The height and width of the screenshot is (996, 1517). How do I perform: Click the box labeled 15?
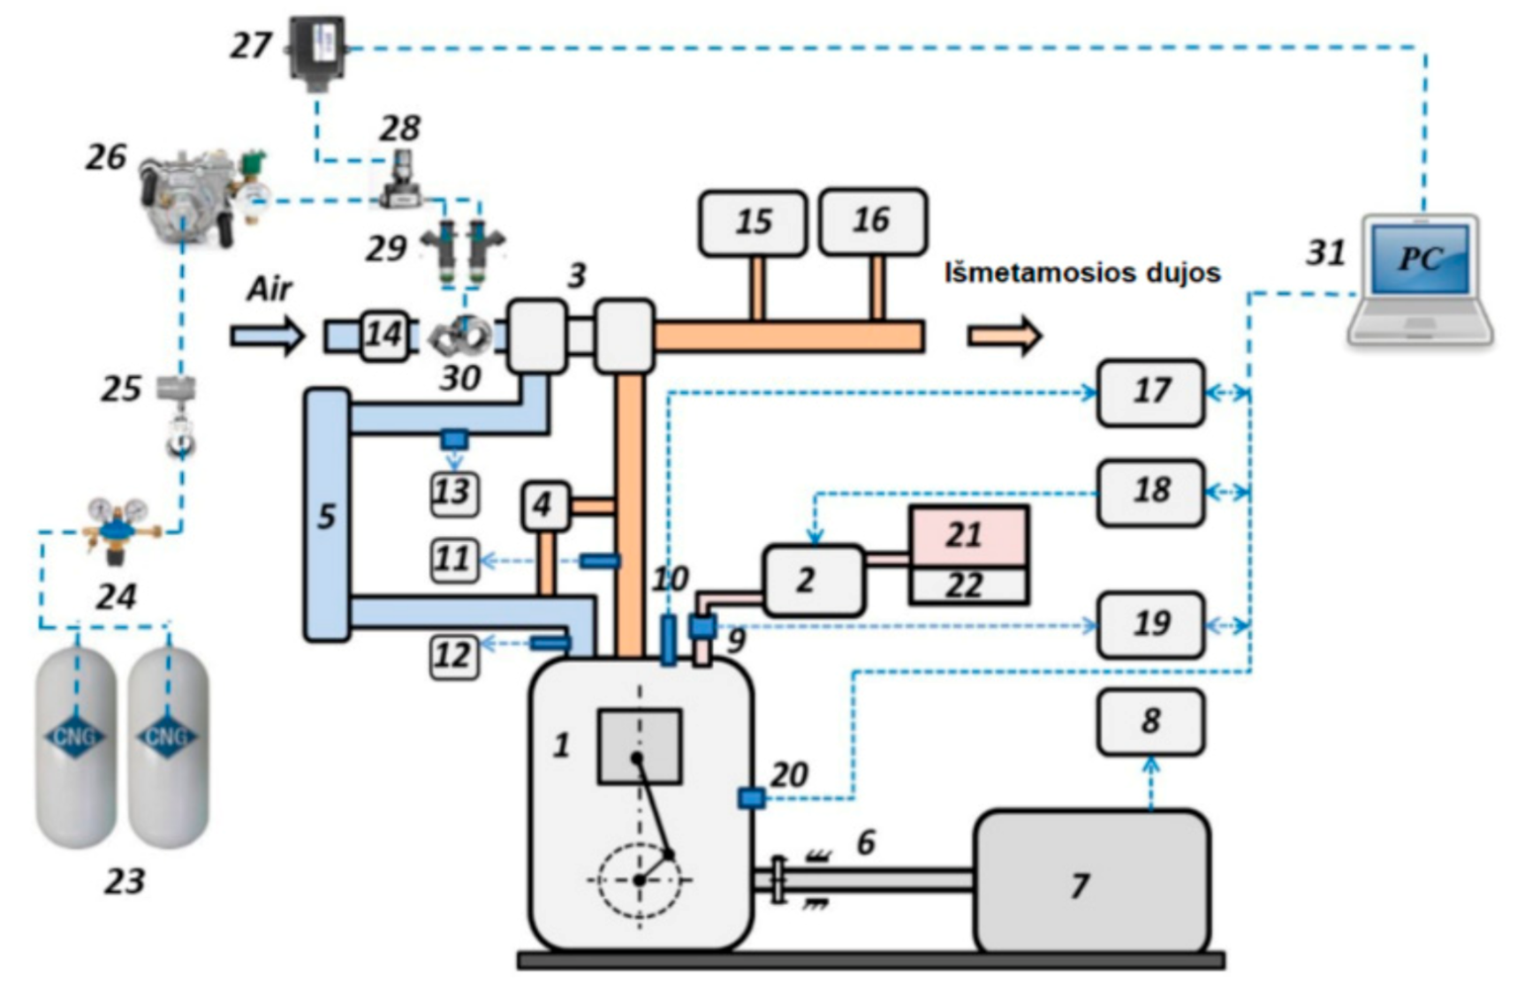753,223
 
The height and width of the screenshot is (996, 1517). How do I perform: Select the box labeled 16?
872,221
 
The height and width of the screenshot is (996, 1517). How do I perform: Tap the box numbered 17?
1150,392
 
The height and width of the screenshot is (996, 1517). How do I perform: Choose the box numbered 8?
1150,722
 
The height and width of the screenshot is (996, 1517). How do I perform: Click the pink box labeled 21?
968,536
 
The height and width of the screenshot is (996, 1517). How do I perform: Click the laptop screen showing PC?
1420,259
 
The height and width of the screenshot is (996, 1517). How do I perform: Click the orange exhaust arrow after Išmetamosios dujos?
1005,336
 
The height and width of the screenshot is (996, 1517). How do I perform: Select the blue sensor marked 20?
751,798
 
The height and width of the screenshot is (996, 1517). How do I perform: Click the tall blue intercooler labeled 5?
327,515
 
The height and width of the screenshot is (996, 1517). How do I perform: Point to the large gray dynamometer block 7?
1092,883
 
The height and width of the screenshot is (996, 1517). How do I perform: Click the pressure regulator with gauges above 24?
119,528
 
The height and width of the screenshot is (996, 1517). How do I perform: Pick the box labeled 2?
813,580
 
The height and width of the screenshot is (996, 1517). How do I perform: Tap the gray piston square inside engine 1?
640,746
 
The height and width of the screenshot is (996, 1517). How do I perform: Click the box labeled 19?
1150,624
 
